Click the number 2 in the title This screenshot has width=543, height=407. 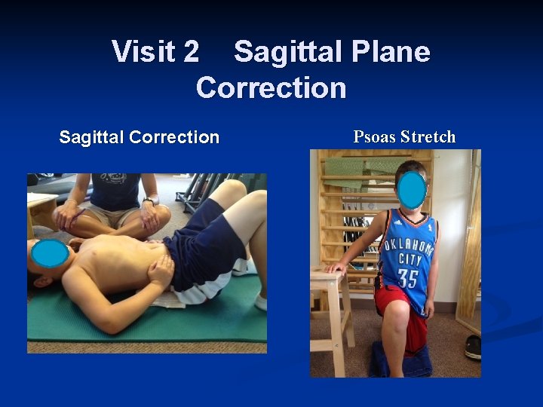pos(192,52)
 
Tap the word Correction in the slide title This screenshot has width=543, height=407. pos(271,88)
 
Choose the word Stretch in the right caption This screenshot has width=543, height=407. pos(428,137)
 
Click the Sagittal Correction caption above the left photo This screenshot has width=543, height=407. pos(139,137)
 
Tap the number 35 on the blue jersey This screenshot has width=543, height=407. pos(407,277)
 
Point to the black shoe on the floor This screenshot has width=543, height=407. pos(473,346)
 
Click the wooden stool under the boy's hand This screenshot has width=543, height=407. pos(331,301)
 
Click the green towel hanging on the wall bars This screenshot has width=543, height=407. pos(346,167)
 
